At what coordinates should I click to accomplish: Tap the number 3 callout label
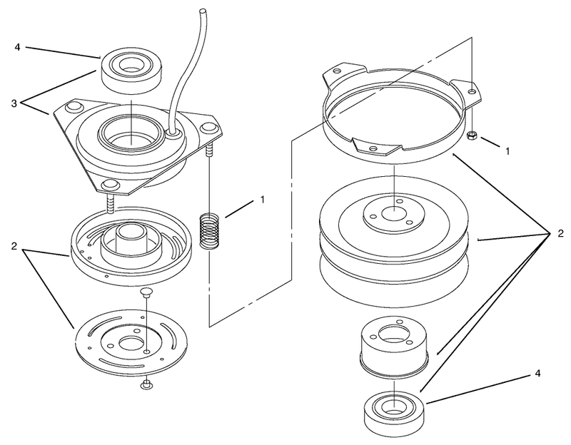(x=14, y=103)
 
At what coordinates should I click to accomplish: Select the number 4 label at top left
(x=17, y=47)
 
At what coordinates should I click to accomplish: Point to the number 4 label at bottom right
(x=537, y=373)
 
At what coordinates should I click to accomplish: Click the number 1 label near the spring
(x=262, y=200)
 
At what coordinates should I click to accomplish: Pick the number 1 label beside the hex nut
(x=507, y=150)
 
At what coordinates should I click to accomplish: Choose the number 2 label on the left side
(x=14, y=246)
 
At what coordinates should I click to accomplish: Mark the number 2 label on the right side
(x=560, y=233)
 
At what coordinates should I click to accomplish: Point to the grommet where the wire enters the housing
(x=173, y=135)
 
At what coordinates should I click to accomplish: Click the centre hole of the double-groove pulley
(x=394, y=213)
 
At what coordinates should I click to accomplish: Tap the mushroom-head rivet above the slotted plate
(x=146, y=293)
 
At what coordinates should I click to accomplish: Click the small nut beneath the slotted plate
(x=146, y=384)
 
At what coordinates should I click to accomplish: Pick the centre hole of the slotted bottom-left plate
(x=131, y=342)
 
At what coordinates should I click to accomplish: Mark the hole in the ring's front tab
(x=372, y=148)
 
